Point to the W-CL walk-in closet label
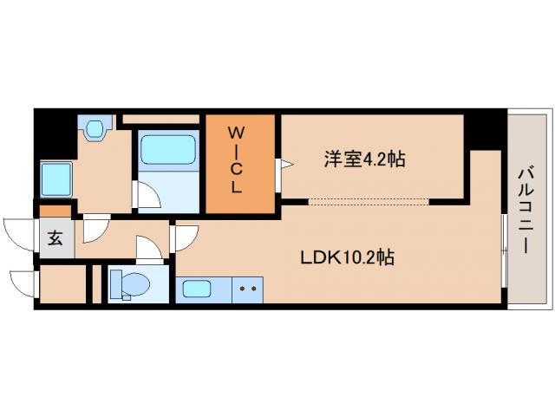pyautogui.click(x=236, y=160)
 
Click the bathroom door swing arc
pyautogui.click(x=147, y=198)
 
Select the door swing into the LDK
pyautogui.click(x=186, y=236)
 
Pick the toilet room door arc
pyautogui.click(x=149, y=251)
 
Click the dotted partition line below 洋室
pyautogui.click(x=369, y=202)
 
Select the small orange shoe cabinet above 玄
pyautogui.click(x=55, y=211)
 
